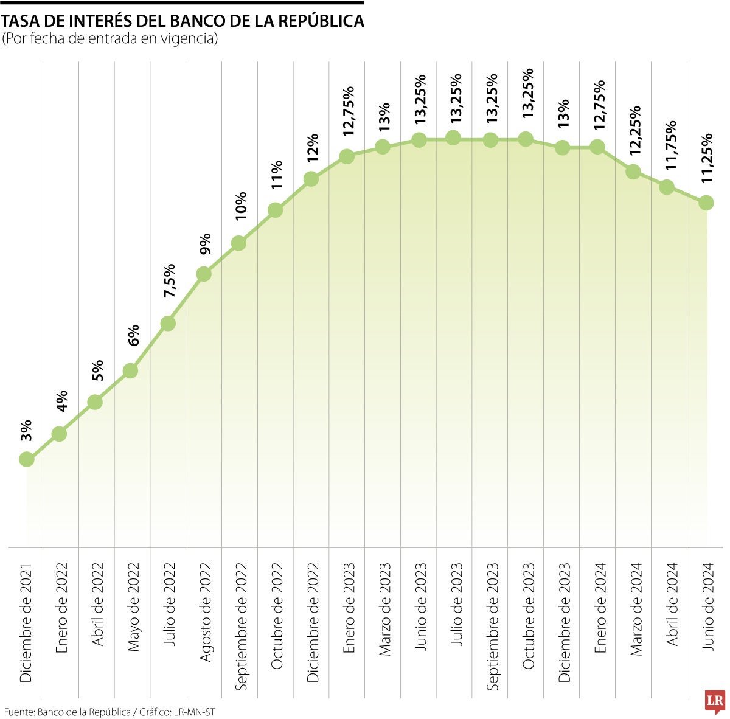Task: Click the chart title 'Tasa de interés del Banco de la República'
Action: [x=182, y=21]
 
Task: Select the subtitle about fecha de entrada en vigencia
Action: [x=109, y=39]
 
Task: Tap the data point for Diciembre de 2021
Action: [x=26, y=459]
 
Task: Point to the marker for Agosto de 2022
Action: [x=204, y=274]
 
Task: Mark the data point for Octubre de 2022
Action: [x=275, y=210]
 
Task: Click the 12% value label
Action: [x=312, y=148]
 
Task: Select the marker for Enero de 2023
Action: [x=347, y=156]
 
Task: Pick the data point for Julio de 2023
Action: [x=453, y=137]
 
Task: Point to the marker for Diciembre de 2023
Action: [x=563, y=147]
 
